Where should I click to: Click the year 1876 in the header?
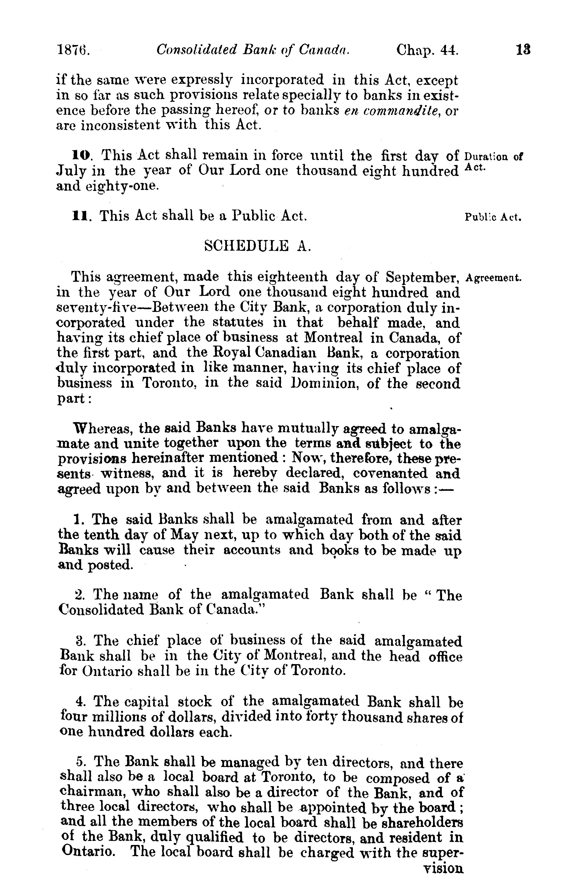pos(73,50)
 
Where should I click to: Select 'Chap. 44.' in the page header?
pos(427,50)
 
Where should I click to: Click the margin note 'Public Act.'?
pos(493,217)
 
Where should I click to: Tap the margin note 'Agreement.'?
pos(494,278)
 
